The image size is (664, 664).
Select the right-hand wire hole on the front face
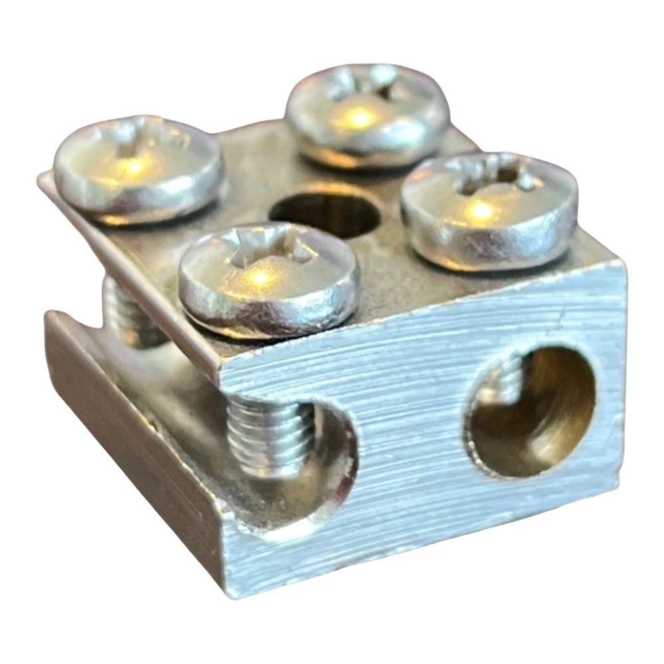pyautogui.click(x=531, y=412)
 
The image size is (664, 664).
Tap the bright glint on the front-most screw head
pyautogui.click(x=262, y=276)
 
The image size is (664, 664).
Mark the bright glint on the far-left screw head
pyautogui.click(x=133, y=166)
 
